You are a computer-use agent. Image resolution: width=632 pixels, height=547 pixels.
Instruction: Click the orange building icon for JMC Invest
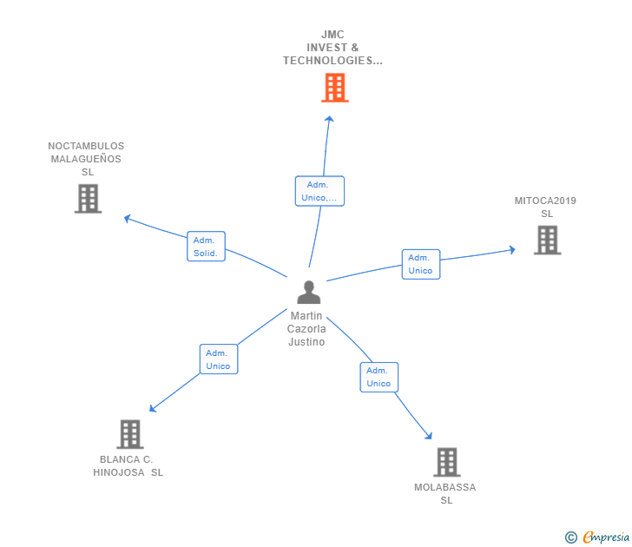point(334,88)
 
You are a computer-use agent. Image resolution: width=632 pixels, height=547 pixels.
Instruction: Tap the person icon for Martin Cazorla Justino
point(308,293)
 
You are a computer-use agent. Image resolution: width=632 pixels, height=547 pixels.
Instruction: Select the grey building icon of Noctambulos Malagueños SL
point(88,199)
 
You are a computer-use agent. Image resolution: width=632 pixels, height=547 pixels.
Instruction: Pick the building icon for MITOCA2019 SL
point(547,240)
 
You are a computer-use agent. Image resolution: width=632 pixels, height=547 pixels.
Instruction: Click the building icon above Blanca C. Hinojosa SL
point(129,434)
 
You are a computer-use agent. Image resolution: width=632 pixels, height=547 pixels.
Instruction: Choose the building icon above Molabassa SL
point(446,462)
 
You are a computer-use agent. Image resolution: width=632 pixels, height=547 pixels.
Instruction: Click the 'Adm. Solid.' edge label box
point(206,247)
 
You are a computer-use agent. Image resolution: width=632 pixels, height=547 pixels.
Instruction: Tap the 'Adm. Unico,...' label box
point(319,191)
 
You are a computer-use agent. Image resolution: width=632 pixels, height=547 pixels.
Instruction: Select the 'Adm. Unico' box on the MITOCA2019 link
point(420,264)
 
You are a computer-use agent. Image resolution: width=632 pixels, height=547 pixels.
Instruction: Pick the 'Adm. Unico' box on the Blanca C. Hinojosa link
point(218,359)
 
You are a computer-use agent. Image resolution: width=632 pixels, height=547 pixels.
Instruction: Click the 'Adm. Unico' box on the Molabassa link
point(379,377)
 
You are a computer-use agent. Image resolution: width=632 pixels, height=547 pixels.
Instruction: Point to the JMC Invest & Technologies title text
point(332,48)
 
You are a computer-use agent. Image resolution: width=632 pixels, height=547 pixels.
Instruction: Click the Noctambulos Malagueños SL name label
point(86,159)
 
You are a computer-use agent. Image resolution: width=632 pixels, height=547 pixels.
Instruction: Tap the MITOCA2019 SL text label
point(545,208)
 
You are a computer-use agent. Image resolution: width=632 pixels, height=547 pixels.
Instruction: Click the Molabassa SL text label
point(445,493)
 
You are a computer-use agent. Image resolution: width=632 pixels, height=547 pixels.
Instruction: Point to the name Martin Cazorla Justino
point(306,329)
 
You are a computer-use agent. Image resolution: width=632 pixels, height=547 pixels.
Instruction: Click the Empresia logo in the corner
point(598,537)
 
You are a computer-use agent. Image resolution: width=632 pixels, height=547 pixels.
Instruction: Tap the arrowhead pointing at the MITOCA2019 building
point(512,250)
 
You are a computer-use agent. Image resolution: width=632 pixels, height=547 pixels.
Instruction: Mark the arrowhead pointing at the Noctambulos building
point(128,218)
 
